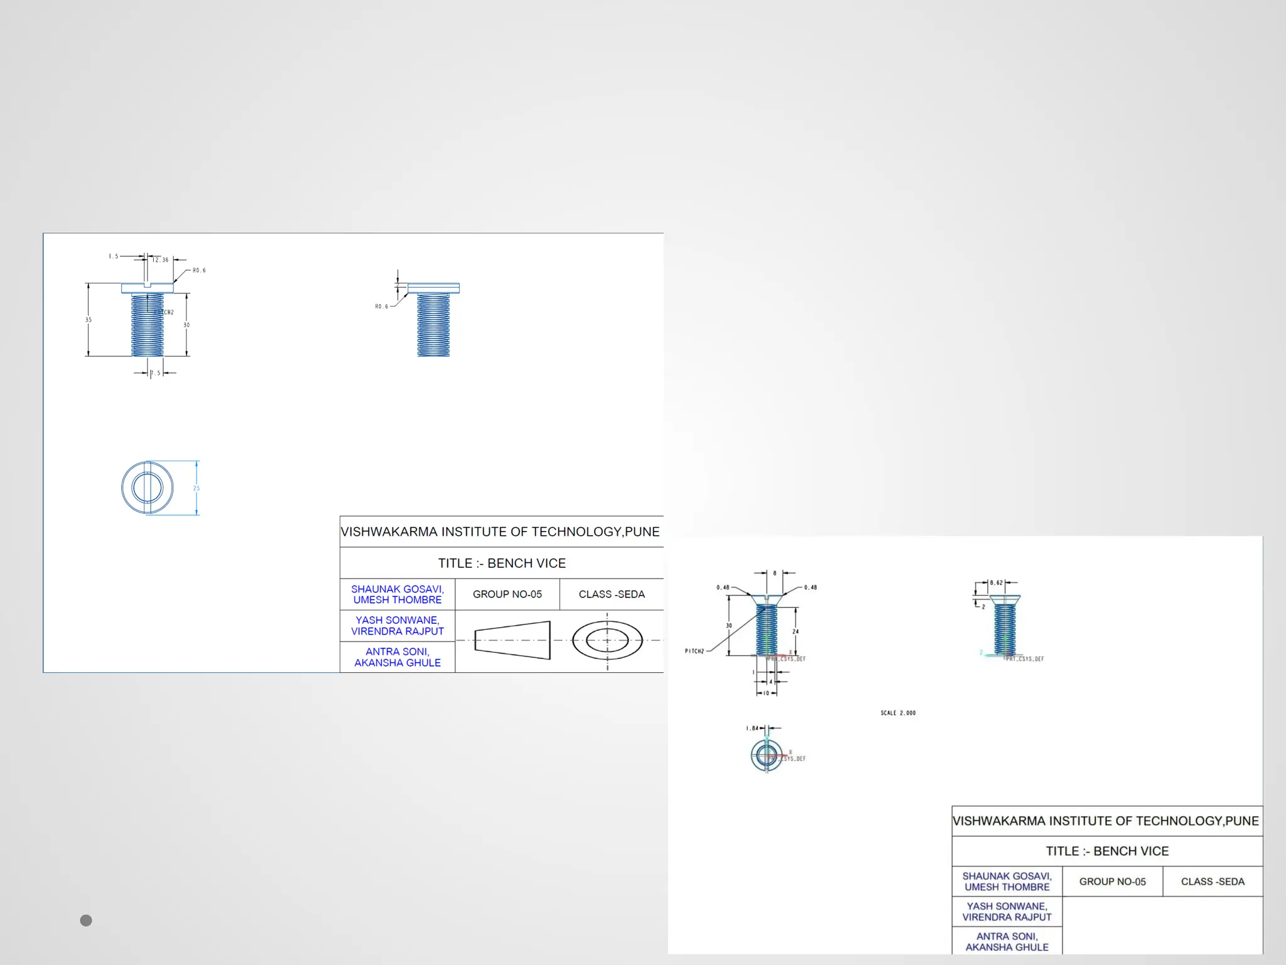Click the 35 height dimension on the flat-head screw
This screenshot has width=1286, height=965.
pyautogui.click(x=89, y=320)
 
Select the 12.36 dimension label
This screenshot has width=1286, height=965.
pyautogui.click(x=161, y=259)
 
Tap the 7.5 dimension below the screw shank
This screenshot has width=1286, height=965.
pyautogui.click(x=155, y=373)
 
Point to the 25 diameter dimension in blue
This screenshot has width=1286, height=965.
pyautogui.click(x=197, y=488)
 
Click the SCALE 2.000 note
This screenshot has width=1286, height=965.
pyautogui.click(x=898, y=713)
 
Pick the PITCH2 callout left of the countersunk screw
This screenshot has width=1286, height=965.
pyautogui.click(x=694, y=652)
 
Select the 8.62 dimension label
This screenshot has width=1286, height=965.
pyautogui.click(x=997, y=583)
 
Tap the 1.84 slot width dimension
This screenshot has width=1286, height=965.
pyautogui.click(x=752, y=728)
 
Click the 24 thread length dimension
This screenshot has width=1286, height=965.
pyautogui.click(x=796, y=631)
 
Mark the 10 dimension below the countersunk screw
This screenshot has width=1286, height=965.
pyautogui.click(x=766, y=694)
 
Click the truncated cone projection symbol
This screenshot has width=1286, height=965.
pyautogui.click(x=512, y=640)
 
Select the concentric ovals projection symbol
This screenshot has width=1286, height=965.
pyautogui.click(x=607, y=640)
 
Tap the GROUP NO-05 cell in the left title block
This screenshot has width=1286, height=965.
pyautogui.click(x=507, y=594)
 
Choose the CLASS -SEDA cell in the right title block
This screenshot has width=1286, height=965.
pyautogui.click(x=1212, y=881)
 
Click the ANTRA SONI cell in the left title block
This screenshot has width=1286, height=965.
pyautogui.click(x=397, y=657)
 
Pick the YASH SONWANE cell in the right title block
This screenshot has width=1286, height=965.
pyautogui.click(x=1007, y=912)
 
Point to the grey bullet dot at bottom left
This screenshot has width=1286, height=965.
pyautogui.click(x=86, y=920)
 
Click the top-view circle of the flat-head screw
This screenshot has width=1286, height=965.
pyautogui.click(x=148, y=488)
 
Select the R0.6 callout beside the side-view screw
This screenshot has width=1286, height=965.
pyautogui.click(x=381, y=307)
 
